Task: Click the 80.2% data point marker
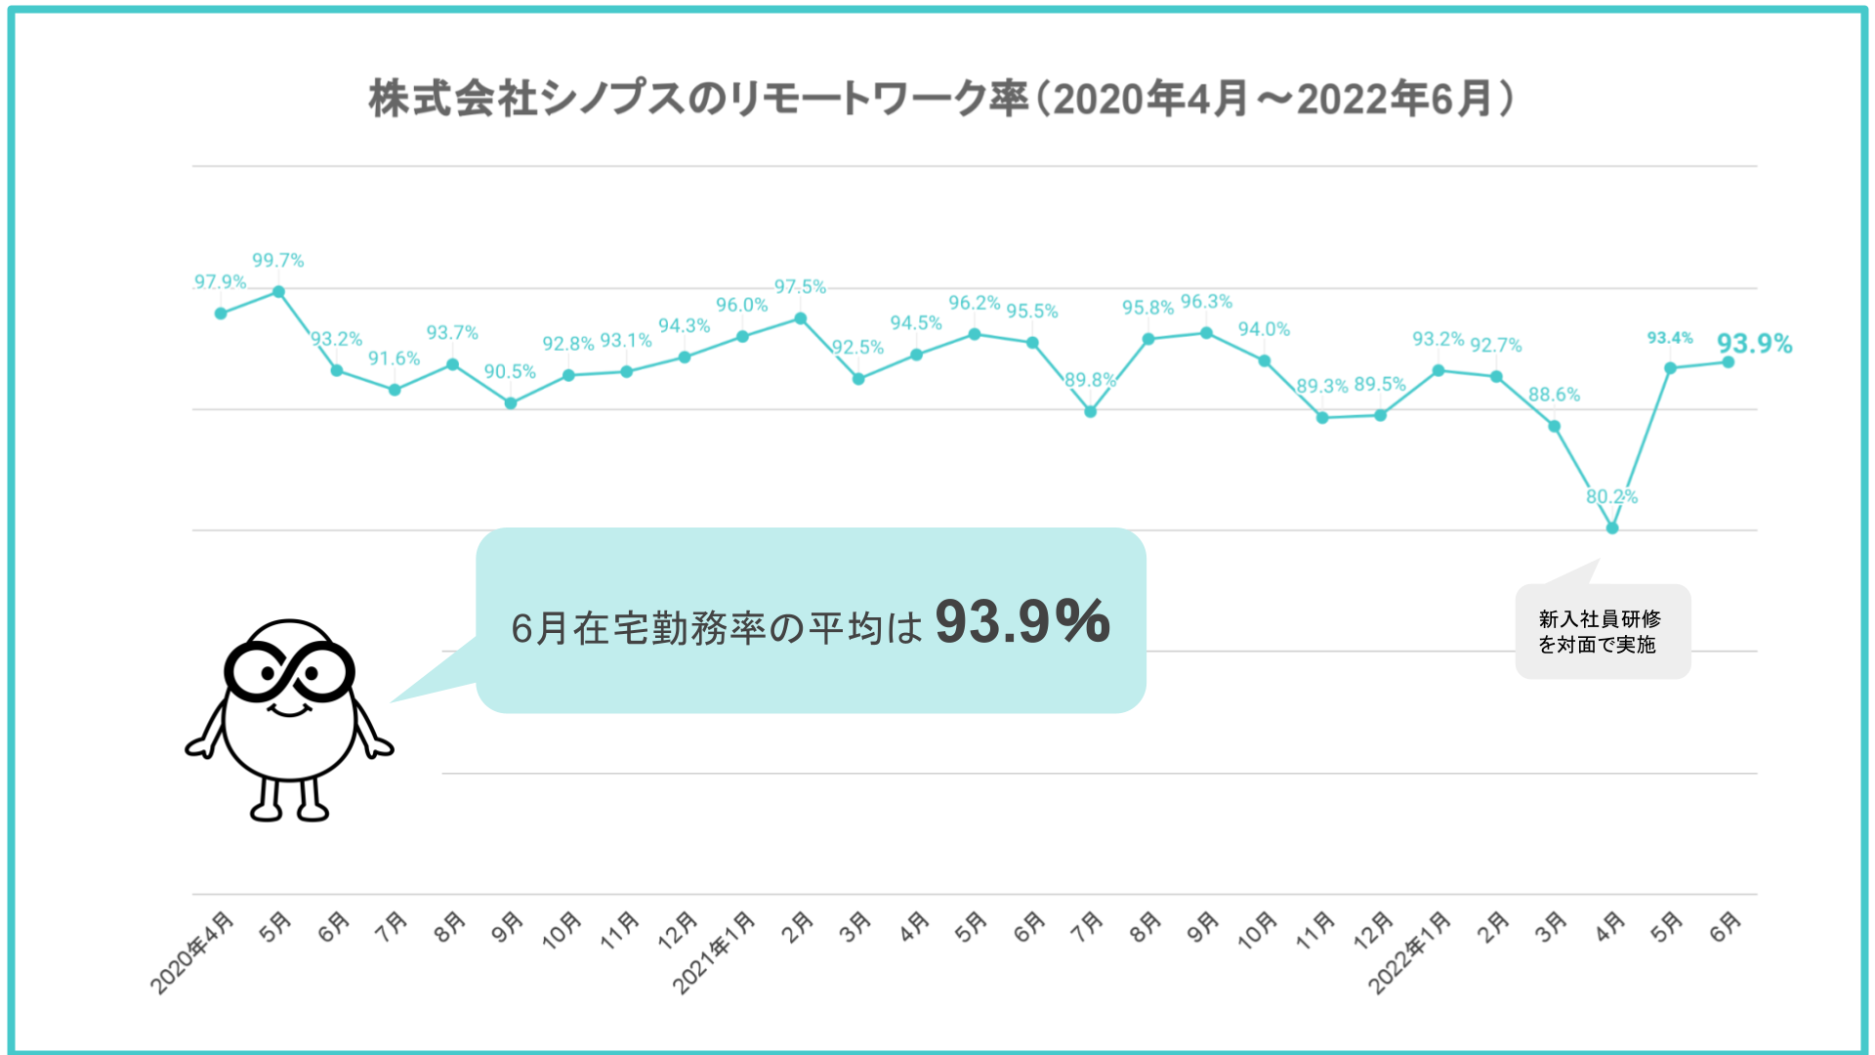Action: (x=1612, y=527)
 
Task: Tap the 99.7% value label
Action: (x=278, y=261)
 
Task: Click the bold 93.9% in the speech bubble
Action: (x=1021, y=621)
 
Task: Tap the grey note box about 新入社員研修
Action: (x=1603, y=632)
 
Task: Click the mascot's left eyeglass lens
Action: (x=257, y=672)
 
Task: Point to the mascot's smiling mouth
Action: (x=289, y=709)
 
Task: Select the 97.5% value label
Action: (x=800, y=287)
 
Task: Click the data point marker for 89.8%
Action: (x=1091, y=411)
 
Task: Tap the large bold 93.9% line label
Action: (x=1754, y=344)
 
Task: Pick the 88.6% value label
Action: (x=1554, y=395)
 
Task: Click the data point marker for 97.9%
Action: (x=221, y=314)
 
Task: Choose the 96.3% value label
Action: (x=1206, y=302)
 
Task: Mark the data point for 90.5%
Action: (x=511, y=402)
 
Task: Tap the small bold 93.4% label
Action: (x=1670, y=338)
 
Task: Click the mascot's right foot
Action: (x=313, y=810)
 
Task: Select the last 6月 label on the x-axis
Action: (x=1726, y=926)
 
